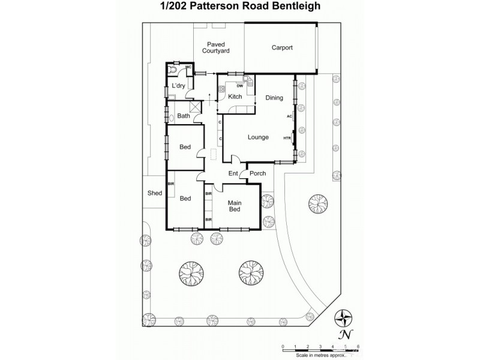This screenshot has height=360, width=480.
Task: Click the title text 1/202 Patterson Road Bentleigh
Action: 239,7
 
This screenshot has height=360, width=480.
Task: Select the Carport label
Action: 281,47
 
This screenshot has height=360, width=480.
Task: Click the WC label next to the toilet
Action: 188,67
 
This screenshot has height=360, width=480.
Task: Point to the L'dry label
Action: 178,86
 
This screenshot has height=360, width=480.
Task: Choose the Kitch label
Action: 235,97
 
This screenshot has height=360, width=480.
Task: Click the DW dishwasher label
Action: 239,86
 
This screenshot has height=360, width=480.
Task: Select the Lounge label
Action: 258,137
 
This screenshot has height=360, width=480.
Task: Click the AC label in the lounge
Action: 289,116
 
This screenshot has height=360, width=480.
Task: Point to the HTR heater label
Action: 287,138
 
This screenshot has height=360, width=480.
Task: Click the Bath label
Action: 184,116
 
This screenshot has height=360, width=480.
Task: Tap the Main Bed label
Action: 234,206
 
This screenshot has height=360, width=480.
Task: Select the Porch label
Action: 257,174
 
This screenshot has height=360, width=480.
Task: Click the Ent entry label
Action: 233,174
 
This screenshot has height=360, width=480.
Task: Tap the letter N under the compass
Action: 344,334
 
